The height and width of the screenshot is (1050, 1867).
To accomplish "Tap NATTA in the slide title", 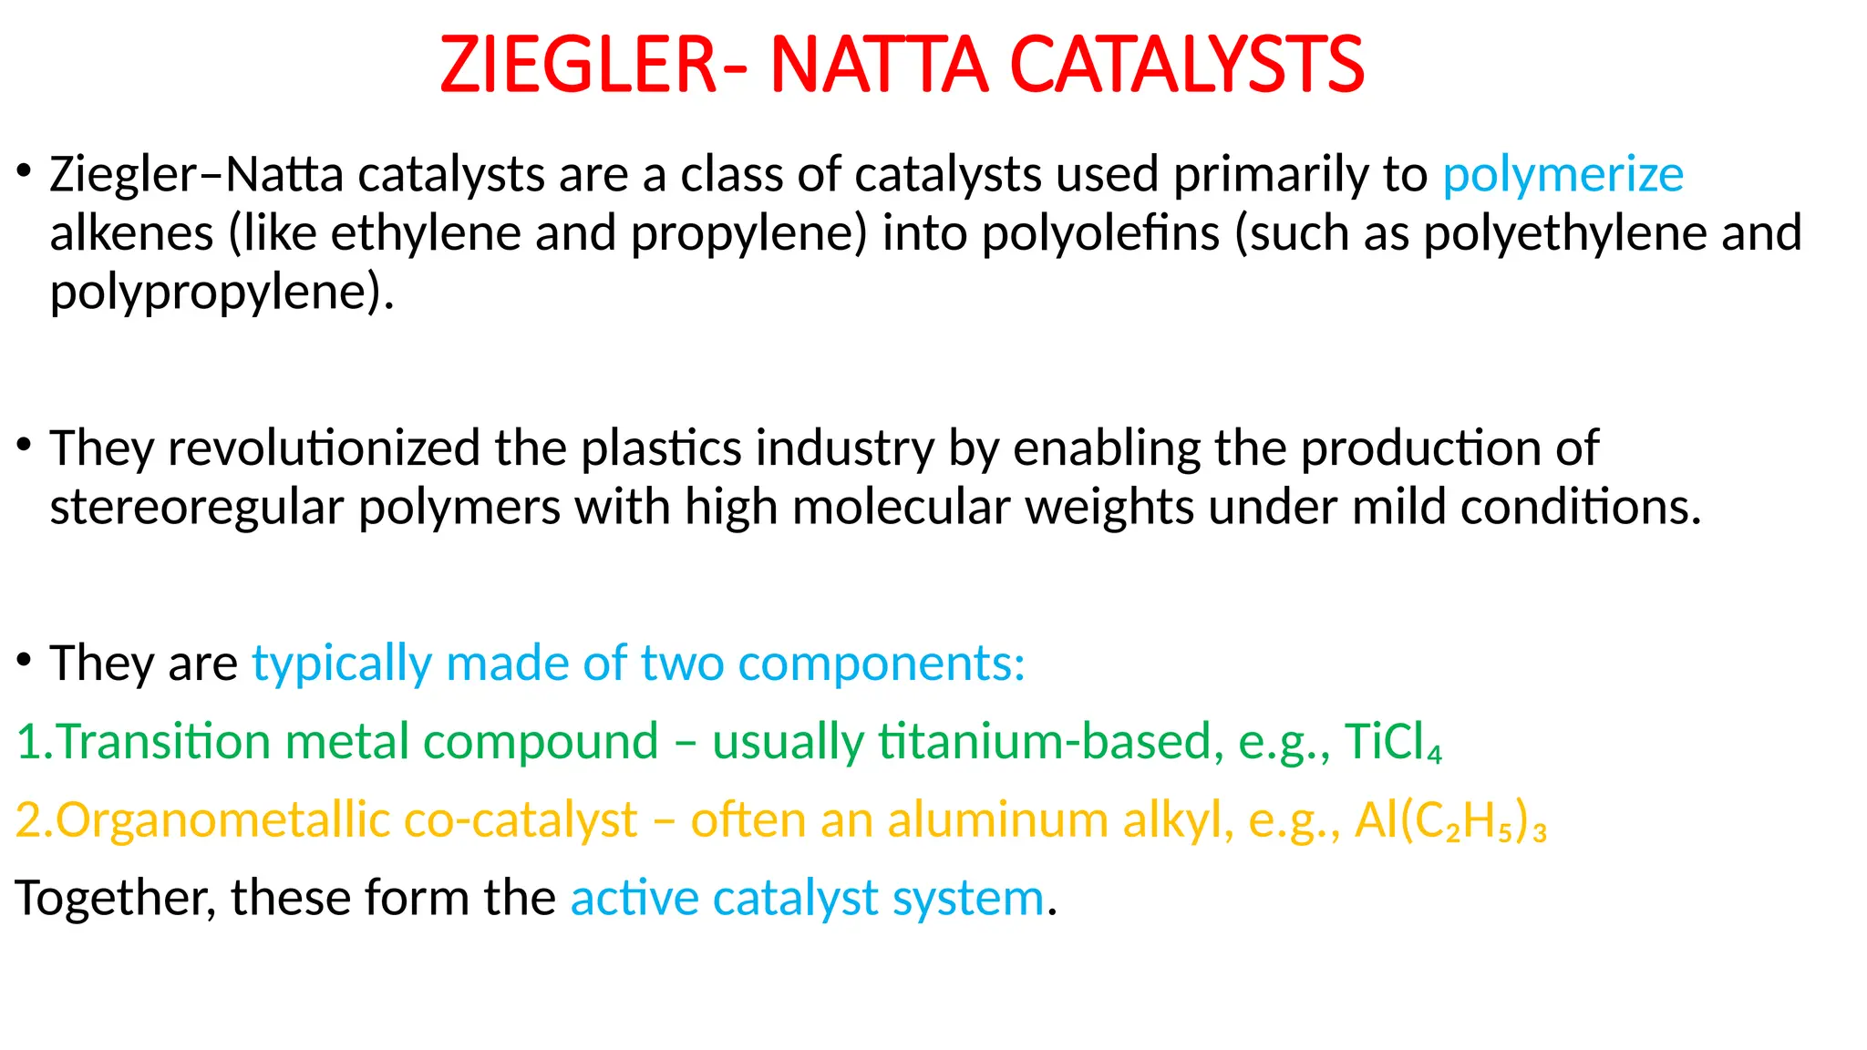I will click(x=879, y=66).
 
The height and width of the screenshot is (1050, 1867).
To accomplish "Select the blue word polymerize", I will click(x=1563, y=175).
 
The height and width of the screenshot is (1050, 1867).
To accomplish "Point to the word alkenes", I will click(x=131, y=233).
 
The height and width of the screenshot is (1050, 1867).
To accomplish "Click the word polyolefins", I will click(x=1100, y=233).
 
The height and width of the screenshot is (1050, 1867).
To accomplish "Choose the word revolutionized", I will click(x=324, y=448).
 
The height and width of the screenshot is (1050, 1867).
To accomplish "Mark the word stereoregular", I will click(x=196, y=508).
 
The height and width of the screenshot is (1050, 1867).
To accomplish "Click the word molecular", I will click(x=902, y=508).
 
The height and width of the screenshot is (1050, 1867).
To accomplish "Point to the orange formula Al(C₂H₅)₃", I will click(x=1449, y=820).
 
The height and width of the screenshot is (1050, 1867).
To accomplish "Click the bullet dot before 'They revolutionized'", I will click(x=25, y=445).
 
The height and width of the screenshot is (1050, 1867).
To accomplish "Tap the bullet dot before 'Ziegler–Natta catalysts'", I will click(x=25, y=170).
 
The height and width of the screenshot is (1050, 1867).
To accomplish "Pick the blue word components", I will click(x=881, y=664).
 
